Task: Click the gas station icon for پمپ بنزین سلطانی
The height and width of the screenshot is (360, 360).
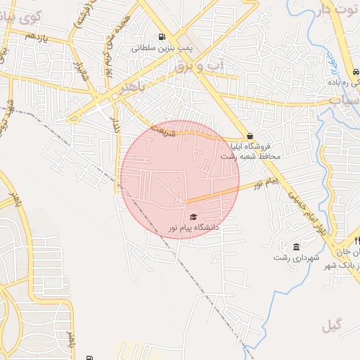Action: [x=162, y=37]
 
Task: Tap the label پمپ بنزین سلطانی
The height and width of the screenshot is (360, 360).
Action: [x=162, y=49]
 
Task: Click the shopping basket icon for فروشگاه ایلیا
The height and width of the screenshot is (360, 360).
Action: [x=250, y=136]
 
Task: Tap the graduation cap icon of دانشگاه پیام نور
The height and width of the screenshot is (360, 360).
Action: [x=193, y=217]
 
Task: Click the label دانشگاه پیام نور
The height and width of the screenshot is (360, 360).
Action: [x=193, y=228]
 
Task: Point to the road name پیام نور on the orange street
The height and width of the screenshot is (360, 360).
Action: [x=267, y=183]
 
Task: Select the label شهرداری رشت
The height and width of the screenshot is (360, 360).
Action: [x=297, y=258]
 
